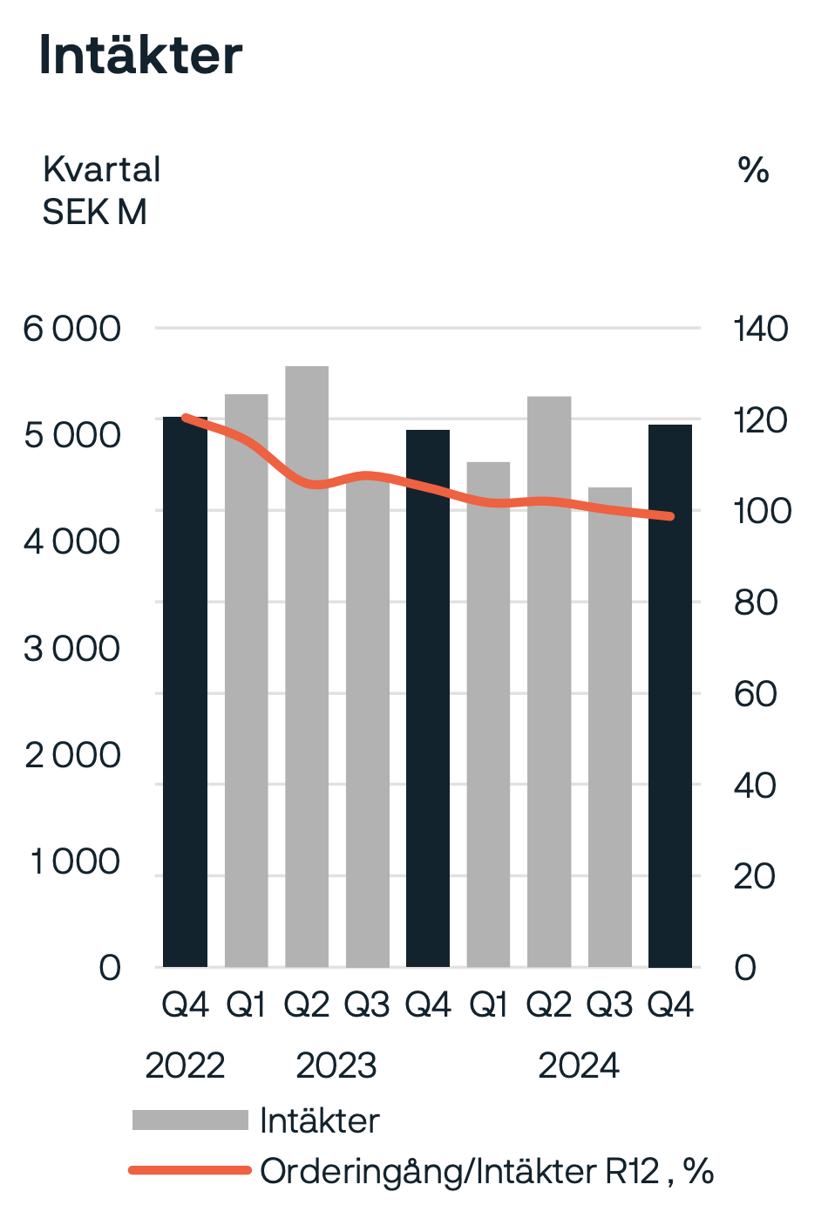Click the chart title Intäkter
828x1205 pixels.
pos(140,56)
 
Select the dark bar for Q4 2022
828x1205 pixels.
pos(186,698)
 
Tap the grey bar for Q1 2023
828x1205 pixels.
pos(247,698)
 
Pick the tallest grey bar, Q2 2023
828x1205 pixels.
pos(307,698)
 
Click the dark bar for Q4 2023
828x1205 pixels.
pos(428,698)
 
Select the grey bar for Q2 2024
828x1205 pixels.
pos(549,698)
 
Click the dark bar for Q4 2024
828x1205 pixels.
pos(670,698)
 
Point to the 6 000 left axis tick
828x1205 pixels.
pos(71,330)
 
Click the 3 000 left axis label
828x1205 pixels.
pos(71,649)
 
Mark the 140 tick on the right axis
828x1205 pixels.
pos(760,330)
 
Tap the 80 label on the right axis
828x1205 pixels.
pos(755,602)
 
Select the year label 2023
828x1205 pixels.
pos(336,1065)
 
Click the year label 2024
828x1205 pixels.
pos(579,1065)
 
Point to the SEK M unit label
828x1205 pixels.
pos(94,212)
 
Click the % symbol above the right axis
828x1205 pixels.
pos(753,170)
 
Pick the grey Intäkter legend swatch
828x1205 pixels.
pos(190,1120)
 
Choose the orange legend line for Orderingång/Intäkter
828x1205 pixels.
pos(190,1170)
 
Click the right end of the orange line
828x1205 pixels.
pos(669,516)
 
